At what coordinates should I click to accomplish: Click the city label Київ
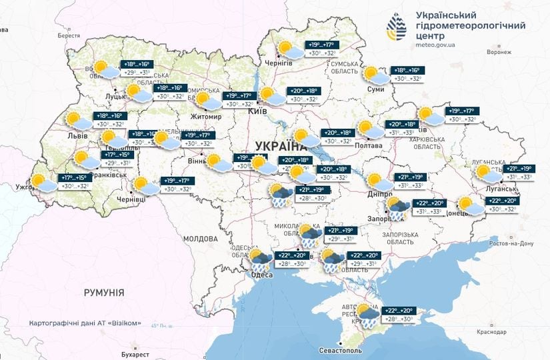pos(257,111)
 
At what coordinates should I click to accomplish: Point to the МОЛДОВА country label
pos(200,238)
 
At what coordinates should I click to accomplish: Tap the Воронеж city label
pos(499,52)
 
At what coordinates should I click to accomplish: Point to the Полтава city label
pos(369,145)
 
